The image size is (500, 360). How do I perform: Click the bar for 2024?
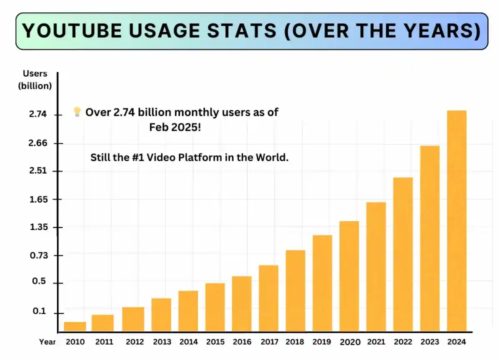click(456, 221)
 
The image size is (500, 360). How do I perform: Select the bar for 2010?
click(75, 327)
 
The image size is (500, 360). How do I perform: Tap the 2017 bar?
click(268, 298)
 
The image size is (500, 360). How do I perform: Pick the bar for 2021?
click(376, 267)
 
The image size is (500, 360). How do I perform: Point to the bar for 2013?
click(161, 315)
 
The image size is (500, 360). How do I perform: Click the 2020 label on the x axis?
click(350, 342)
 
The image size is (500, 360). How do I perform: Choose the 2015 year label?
click(215, 342)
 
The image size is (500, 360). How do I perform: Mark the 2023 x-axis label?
click(430, 342)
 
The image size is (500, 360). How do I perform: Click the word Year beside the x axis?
click(47, 342)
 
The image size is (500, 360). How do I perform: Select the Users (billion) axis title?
click(35, 80)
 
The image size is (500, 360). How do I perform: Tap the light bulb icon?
click(77, 112)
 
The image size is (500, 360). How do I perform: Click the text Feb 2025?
click(175, 127)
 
